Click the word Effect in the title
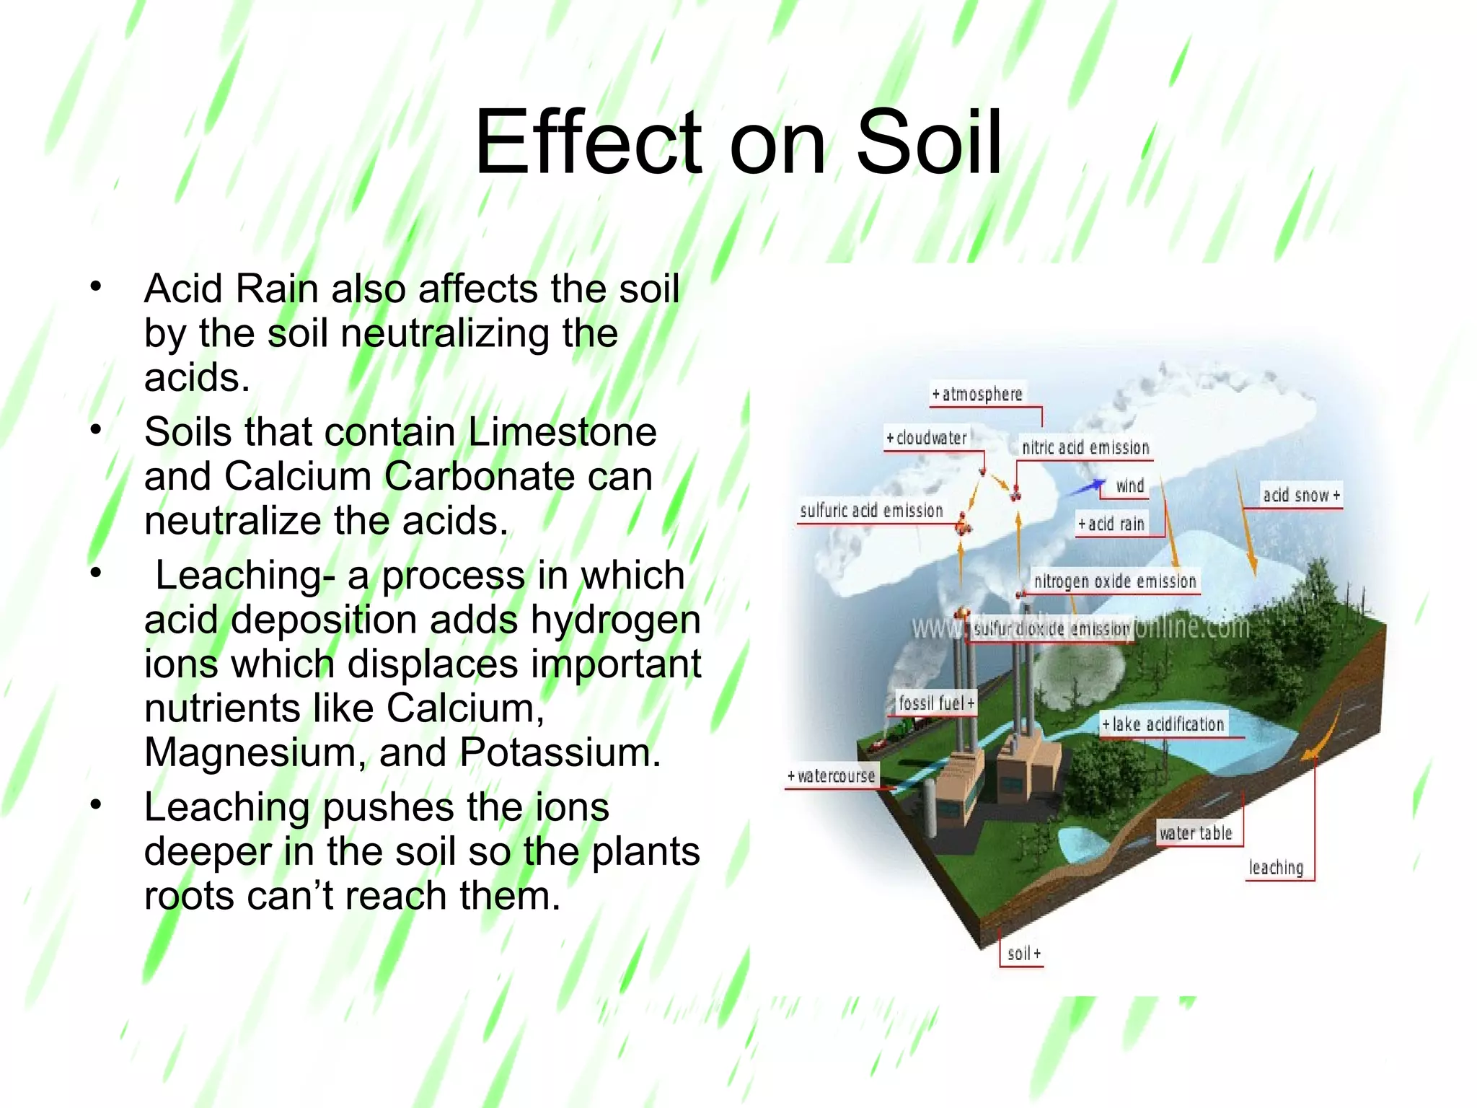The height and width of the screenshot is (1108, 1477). pos(587,142)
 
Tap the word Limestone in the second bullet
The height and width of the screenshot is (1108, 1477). pos(562,432)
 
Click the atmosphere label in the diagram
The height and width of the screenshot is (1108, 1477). pos(977,394)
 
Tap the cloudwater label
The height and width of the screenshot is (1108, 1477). pos(927,438)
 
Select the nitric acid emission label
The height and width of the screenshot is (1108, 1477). pos(1085,447)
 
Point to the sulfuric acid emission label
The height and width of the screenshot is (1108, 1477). pos(871,511)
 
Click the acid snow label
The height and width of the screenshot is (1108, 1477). pos(1300,495)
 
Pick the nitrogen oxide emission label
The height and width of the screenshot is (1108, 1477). pos(1114,581)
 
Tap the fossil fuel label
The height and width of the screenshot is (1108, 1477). pos(935,703)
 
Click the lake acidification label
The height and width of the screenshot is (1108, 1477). pos(1163,724)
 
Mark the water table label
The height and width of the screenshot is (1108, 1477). pos(1195,833)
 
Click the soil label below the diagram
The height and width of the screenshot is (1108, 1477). pos(1023,954)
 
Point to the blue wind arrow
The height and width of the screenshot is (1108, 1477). pos(1086,488)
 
